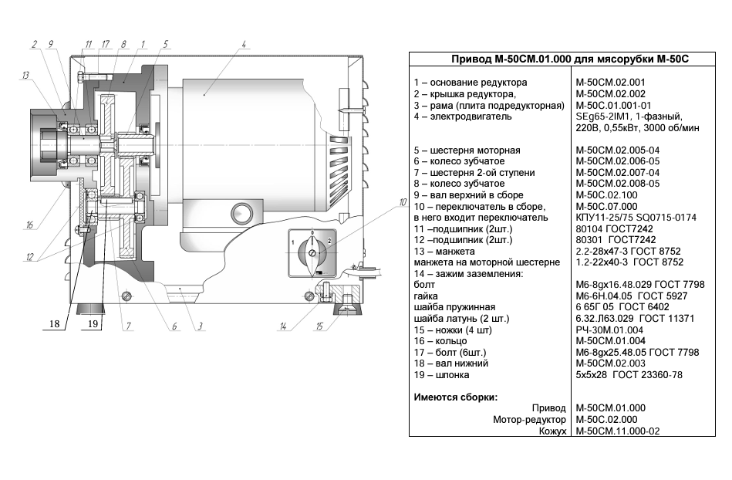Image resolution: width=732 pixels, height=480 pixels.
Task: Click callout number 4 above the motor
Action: coord(244,44)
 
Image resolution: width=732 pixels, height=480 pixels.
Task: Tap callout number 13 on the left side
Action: coord(25,76)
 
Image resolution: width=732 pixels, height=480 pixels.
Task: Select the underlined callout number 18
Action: coord(54,324)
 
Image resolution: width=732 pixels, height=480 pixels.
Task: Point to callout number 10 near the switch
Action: coord(403,202)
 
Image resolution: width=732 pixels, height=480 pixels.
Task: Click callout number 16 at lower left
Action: coord(29,225)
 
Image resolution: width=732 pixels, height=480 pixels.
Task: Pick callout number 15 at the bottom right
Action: coord(319,326)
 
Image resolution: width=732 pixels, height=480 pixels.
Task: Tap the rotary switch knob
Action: coord(312,252)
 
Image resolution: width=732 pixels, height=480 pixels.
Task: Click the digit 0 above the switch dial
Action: coord(312,232)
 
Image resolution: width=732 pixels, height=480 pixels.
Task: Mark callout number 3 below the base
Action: coord(200,326)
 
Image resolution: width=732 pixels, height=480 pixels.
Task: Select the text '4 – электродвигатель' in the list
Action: coord(463,117)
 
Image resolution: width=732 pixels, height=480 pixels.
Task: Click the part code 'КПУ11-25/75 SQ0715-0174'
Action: coord(636,218)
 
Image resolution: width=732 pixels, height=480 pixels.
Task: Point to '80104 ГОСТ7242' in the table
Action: coord(614,228)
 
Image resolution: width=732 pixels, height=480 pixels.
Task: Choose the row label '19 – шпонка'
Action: coord(442,375)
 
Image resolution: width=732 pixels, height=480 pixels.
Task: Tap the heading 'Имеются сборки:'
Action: coord(456,397)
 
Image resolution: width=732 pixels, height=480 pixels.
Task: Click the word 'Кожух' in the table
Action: coord(552,431)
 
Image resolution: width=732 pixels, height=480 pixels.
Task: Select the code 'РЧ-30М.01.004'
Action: coord(609,330)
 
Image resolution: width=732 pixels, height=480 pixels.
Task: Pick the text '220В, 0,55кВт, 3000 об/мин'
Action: coord(637,128)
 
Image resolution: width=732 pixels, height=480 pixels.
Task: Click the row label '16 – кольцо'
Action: coord(440,341)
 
